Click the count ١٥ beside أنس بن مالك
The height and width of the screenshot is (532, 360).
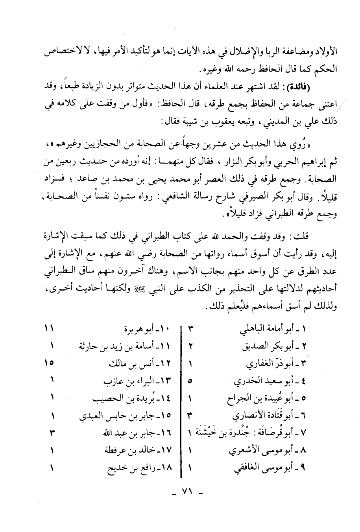(50, 364)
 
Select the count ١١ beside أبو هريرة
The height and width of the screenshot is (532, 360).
(50, 328)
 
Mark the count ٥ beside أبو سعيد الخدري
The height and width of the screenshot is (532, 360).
(190, 381)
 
